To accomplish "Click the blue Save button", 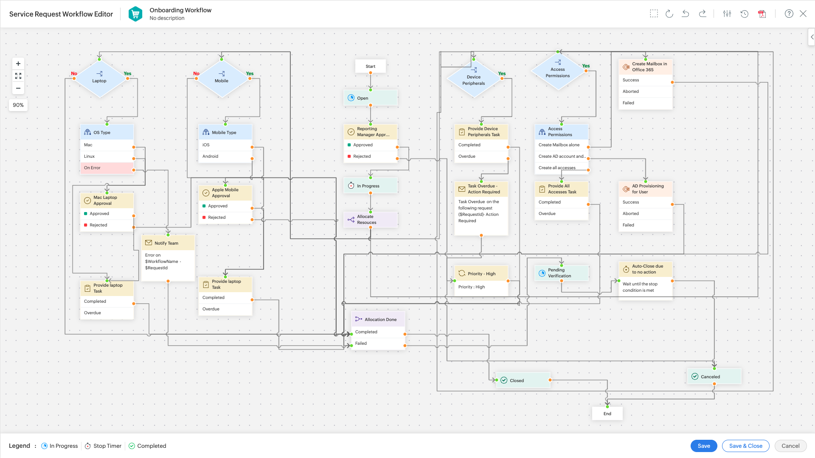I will point(703,446).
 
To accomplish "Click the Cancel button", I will point(790,446).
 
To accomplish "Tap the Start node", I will point(370,66).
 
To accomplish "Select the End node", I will point(607,413).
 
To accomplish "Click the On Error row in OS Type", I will point(107,168).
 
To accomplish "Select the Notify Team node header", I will point(168,243).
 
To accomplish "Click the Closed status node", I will point(523,380).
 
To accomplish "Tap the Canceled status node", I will point(714,377).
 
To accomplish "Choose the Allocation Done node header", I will point(378,319).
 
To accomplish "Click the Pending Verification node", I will point(562,273).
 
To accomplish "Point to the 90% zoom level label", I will point(18,105).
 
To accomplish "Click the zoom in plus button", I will point(18,64).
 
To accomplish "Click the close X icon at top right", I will point(803,14).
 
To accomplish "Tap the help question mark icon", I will point(789,14).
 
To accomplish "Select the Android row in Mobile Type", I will point(225,156).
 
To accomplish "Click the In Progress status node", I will point(370,186).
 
